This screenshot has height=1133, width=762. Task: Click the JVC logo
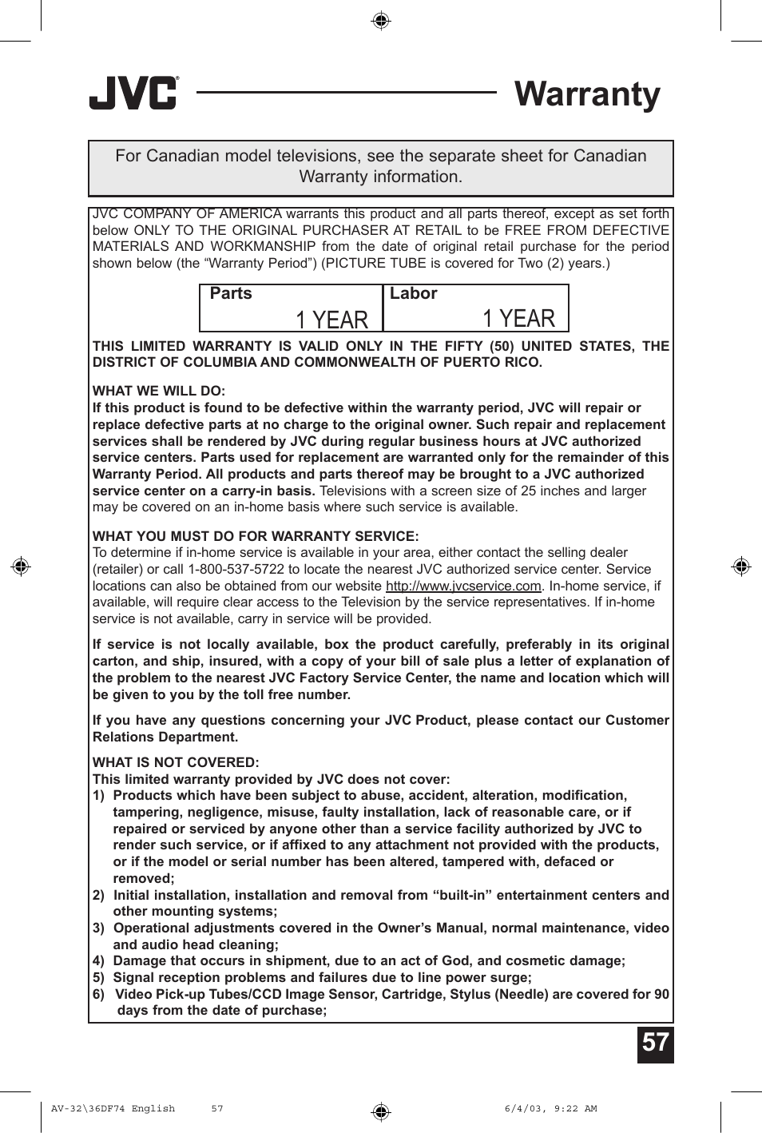[x=133, y=93]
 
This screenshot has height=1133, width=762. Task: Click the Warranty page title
[x=587, y=94]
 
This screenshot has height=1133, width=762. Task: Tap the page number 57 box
[x=655, y=1044]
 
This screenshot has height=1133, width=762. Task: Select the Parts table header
[x=231, y=294]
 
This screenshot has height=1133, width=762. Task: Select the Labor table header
[x=413, y=294]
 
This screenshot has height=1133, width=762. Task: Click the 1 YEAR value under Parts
[x=331, y=320]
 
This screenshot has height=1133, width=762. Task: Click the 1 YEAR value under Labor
[x=518, y=319]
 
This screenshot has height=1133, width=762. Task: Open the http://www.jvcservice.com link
[x=463, y=586]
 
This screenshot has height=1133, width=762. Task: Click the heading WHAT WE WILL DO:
[x=159, y=391]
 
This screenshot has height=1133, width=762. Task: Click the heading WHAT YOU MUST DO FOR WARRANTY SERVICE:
[x=256, y=536]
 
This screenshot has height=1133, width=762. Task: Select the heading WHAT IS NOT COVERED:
[x=176, y=762]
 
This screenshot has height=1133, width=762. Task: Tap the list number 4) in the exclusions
[x=98, y=961]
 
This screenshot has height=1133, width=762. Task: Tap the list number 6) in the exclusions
[x=98, y=995]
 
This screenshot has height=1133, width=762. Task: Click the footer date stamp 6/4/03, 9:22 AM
[x=550, y=1108]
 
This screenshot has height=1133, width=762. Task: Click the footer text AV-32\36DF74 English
[x=113, y=1108]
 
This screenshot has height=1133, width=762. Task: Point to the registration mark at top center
[x=381, y=20]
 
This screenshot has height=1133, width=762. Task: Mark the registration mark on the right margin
[x=741, y=566]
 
